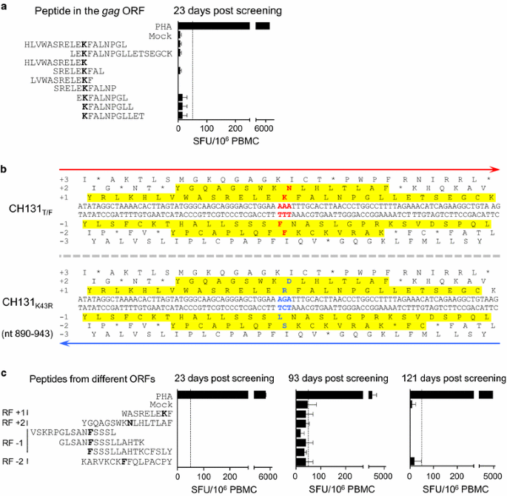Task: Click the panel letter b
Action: click(x=5, y=170)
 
